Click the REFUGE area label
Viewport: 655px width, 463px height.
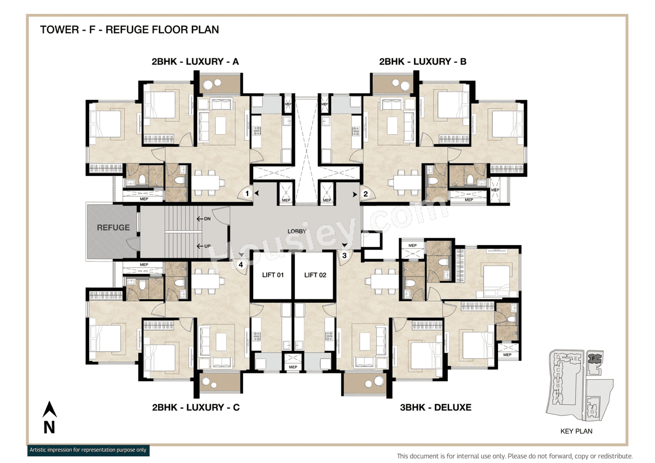point(113,227)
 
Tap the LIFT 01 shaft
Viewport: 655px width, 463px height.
point(273,275)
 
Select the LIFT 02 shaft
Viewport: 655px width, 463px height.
point(315,275)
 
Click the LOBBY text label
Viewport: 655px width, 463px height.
point(297,231)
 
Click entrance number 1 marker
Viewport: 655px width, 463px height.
point(248,193)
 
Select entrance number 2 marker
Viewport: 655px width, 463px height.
point(365,194)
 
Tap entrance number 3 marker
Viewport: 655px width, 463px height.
point(344,255)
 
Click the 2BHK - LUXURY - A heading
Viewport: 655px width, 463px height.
point(195,62)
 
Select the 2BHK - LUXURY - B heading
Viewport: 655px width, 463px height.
point(423,62)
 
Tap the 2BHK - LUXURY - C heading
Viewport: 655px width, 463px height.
point(195,408)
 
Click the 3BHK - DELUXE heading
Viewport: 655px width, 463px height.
point(435,408)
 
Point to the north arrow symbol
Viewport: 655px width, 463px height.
point(49,410)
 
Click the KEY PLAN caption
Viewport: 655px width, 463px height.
point(576,431)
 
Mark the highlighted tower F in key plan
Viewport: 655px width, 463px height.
point(594,359)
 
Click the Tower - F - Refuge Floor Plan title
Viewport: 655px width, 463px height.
point(129,30)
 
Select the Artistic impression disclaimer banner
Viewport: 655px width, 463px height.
point(89,450)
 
